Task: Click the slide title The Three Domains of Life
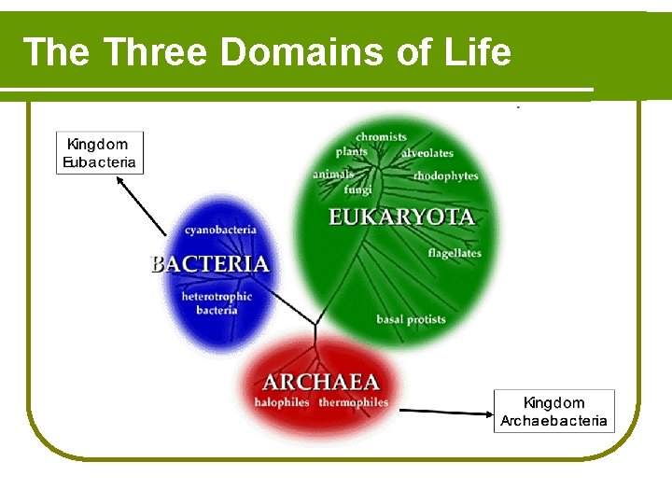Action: [267, 52]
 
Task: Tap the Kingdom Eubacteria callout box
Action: [100, 153]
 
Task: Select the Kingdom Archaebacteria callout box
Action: [553, 412]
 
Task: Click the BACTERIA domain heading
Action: [210, 264]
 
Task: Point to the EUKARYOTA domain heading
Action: [401, 217]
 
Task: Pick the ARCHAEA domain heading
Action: [321, 382]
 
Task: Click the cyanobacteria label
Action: [220, 230]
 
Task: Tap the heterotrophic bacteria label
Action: [217, 303]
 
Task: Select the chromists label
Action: [381, 137]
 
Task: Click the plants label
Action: [352, 152]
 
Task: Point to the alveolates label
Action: [427, 153]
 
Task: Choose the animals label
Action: [333, 175]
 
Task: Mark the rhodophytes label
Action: [445, 175]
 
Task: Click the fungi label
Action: [357, 189]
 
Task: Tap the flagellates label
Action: [455, 253]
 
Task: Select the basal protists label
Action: [411, 319]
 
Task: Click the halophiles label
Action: [282, 402]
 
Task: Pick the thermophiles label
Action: [353, 402]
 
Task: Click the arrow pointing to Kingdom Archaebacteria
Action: [444, 411]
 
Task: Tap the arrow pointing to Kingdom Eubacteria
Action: [142, 205]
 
